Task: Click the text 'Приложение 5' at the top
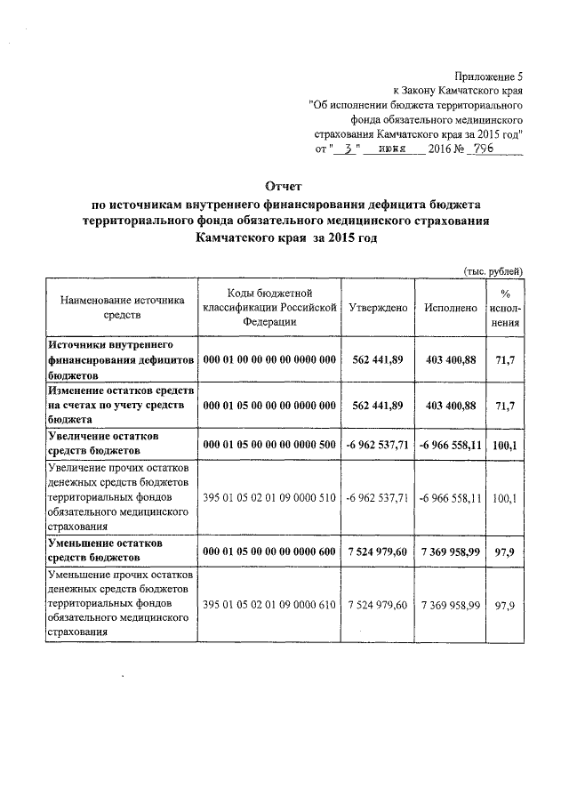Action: pos(487,76)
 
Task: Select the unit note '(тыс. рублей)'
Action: pos(493,270)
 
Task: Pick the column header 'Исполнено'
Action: pos(452,307)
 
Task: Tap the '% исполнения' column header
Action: pos(506,307)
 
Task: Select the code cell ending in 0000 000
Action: pos(270,359)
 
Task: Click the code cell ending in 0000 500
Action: pos(270,444)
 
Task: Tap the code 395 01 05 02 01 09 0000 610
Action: pos(270,604)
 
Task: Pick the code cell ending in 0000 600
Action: pos(270,551)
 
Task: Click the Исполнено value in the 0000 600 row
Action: pos(452,551)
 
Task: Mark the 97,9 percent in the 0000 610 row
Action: pos(506,604)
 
